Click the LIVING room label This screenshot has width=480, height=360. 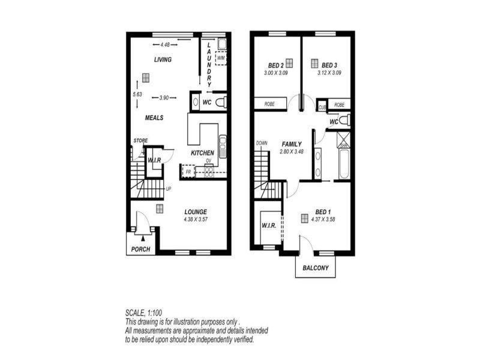click(x=163, y=59)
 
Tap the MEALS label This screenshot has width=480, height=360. click(x=154, y=118)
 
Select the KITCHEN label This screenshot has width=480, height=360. click(x=202, y=154)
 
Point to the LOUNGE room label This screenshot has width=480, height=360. click(x=196, y=212)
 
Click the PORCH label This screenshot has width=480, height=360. click(x=140, y=249)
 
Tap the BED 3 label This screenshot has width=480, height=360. click(x=329, y=65)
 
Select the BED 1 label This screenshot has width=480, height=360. click(x=322, y=212)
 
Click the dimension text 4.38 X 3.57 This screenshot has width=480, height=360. click(x=196, y=219)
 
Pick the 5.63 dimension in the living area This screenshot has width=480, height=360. click(x=137, y=94)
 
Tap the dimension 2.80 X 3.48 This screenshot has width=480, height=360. click(x=293, y=152)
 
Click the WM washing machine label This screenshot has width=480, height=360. click(x=220, y=58)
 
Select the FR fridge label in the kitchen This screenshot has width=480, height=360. click(x=188, y=172)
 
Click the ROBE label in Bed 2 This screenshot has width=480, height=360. click(x=269, y=104)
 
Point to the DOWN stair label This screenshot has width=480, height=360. click(x=262, y=143)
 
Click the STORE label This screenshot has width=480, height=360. click(x=140, y=140)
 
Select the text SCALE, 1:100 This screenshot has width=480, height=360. click(x=144, y=313)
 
